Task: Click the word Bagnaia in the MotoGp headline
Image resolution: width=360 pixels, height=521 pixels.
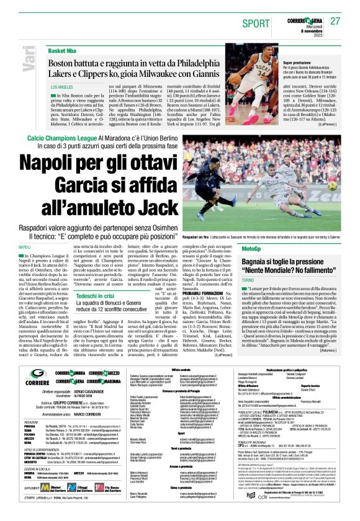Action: [x=260, y=262]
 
